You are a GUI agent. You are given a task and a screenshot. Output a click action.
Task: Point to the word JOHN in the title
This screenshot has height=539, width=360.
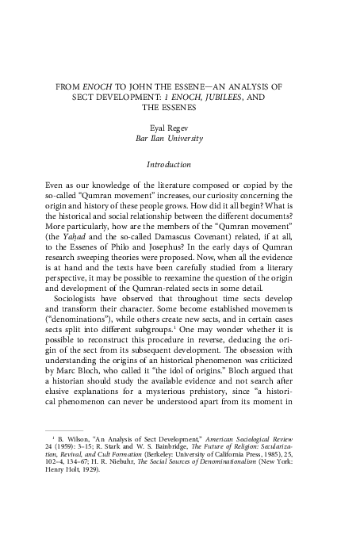[142, 82]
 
